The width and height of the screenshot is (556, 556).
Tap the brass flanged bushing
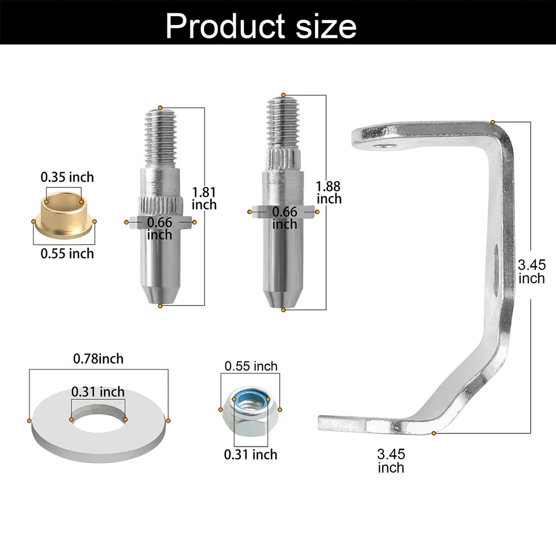click(x=65, y=218)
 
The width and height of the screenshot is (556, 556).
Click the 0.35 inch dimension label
click(x=67, y=177)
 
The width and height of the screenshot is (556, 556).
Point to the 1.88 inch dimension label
click(x=329, y=192)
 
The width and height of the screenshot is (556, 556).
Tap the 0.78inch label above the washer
click(x=98, y=359)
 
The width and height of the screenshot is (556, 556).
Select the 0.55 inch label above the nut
click(x=251, y=366)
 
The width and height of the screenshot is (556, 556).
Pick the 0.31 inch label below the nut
click(x=251, y=455)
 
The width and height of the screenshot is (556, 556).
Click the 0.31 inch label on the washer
click(x=98, y=392)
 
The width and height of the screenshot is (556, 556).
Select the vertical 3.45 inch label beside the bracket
click(x=531, y=272)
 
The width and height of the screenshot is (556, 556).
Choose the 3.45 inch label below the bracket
click(x=391, y=461)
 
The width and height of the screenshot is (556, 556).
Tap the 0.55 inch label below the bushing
click(x=67, y=254)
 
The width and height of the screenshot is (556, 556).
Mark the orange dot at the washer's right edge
click(x=169, y=420)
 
